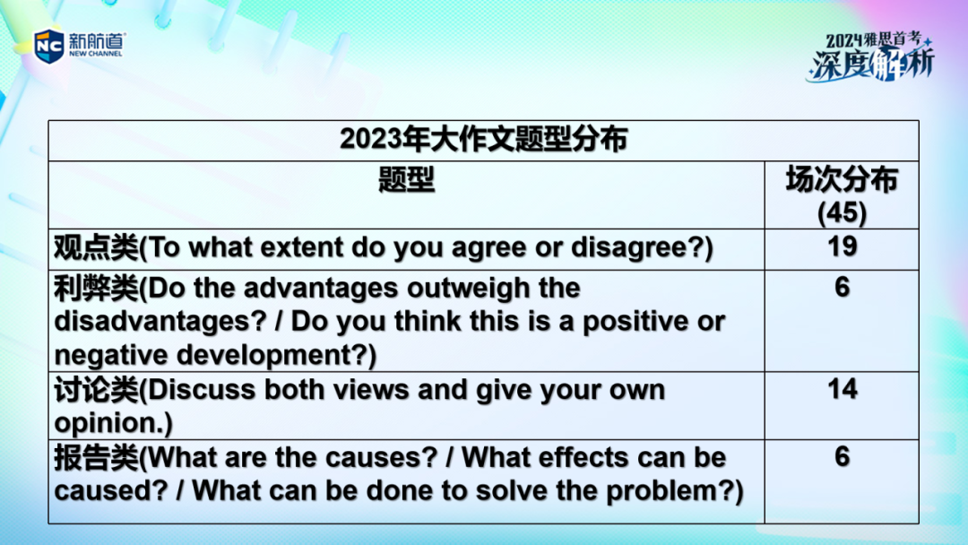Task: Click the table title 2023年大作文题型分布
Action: [x=483, y=139]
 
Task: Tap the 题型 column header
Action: [x=406, y=179]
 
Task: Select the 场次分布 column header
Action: [x=842, y=179]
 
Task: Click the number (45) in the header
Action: [x=842, y=213]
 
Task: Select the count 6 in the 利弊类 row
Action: [x=842, y=287]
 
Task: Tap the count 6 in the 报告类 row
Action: [x=842, y=456]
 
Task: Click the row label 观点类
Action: [x=96, y=247]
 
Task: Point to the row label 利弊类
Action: [x=96, y=289]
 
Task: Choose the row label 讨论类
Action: [x=96, y=390]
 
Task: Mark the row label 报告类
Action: [x=96, y=458]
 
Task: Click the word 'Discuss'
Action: [x=202, y=390]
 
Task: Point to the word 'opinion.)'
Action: [x=114, y=424]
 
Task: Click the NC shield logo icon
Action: [x=48, y=46]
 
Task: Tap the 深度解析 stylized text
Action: [x=871, y=64]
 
